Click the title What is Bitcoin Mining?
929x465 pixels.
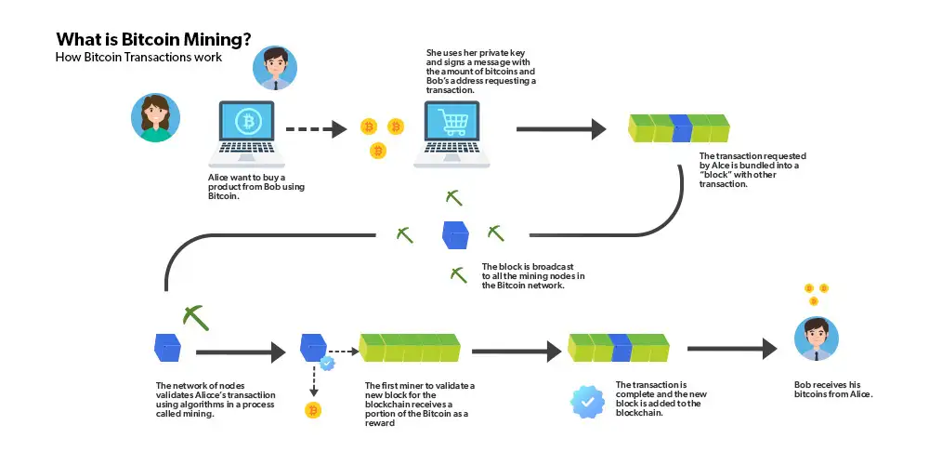(152, 40)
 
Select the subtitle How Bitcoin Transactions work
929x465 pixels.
(138, 58)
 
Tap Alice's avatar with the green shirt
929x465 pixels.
(154, 117)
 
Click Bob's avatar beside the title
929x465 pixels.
(275, 67)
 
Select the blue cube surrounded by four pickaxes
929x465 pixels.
(455, 234)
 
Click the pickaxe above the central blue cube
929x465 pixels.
(453, 197)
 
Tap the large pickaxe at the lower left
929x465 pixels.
(196, 316)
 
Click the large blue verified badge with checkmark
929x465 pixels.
(587, 401)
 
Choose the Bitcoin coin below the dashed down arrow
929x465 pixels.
(313, 410)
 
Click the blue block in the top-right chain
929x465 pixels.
(681, 128)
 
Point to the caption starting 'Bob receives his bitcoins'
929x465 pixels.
(833, 390)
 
